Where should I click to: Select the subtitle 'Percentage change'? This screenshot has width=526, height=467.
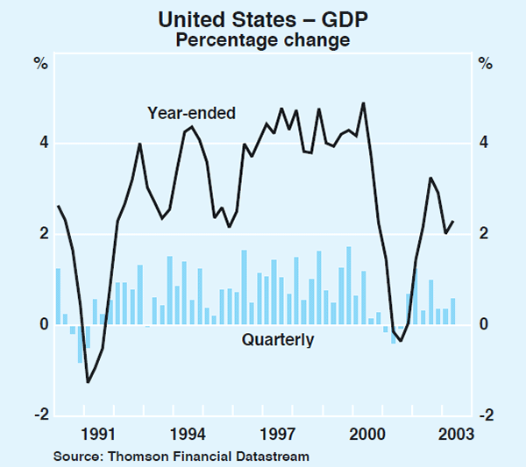(x=263, y=39)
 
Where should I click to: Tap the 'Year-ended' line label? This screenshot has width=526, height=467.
(x=186, y=113)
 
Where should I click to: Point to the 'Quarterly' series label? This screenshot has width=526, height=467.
(x=278, y=340)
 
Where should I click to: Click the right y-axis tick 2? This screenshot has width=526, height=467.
(x=484, y=234)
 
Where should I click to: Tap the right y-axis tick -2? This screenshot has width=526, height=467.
(x=482, y=415)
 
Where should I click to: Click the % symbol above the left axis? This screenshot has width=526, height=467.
(x=40, y=63)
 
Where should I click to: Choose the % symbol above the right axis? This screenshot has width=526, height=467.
(x=485, y=63)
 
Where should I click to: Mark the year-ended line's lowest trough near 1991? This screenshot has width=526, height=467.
(x=88, y=381)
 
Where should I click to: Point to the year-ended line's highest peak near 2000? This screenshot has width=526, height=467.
(x=363, y=103)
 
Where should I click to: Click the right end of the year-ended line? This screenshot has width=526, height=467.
(x=452, y=222)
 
